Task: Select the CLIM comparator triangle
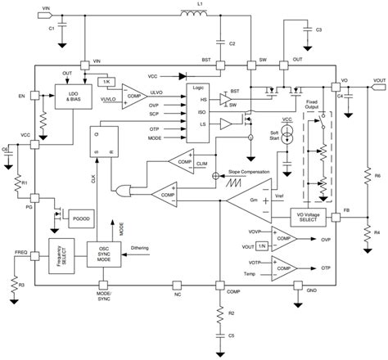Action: pyautogui.click(x=181, y=160)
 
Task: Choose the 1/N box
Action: pyautogui.click(x=260, y=245)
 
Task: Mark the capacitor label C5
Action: pyautogui.click(x=232, y=335)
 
